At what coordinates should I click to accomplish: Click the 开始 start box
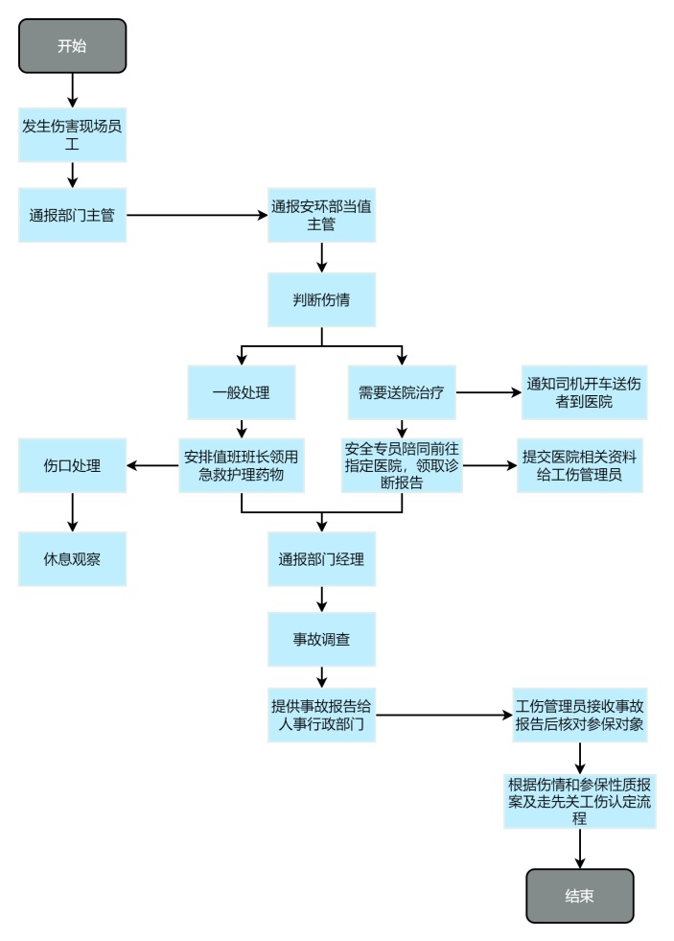click(x=72, y=45)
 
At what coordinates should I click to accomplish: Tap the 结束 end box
click(x=579, y=896)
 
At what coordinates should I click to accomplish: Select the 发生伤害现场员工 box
click(x=72, y=134)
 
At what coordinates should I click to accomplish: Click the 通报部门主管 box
click(x=72, y=215)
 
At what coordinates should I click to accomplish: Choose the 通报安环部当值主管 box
click(x=321, y=215)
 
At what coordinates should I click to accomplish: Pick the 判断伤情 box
click(x=321, y=298)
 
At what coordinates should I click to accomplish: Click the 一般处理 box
click(x=241, y=392)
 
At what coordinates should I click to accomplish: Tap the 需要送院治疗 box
click(x=401, y=392)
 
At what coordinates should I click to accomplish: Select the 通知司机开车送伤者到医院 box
click(x=584, y=392)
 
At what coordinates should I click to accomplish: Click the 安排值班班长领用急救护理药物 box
click(x=241, y=465)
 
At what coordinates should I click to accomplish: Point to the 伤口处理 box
click(x=72, y=466)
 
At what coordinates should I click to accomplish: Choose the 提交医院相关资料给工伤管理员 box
click(x=579, y=465)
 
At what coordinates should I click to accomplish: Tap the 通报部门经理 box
click(x=321, y=558)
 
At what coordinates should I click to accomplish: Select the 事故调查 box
click(x=321, y=637)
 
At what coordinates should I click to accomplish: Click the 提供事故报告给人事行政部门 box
click(x=321, y=715)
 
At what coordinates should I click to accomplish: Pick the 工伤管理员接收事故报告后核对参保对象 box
click(x=579, y=715)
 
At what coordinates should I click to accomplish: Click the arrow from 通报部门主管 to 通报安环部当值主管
click(x=197, y=215)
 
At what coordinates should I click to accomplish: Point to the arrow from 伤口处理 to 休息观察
click(x=72, y=510)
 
